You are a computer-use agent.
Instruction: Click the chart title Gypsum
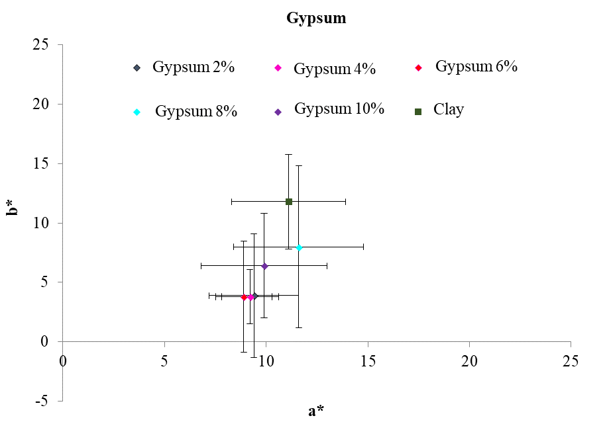(x=316, y=18)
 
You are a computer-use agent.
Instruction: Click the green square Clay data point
(x=289, y=201)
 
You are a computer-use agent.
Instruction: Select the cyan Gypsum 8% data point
(x=299, y=247)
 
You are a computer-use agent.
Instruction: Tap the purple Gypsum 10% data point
(x=264, y=266)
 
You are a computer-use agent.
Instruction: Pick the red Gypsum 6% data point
(x=244, y=297)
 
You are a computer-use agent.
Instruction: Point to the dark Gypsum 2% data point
(x=254, y=296)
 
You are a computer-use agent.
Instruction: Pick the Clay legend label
(x=449, y=110)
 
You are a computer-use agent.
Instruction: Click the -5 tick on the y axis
(x=43, y=401)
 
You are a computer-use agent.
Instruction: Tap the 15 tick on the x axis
(x=368, y=361)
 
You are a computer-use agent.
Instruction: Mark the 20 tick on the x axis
(x=469, y=361)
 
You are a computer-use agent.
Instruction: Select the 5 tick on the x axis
(x=164, y=361)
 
